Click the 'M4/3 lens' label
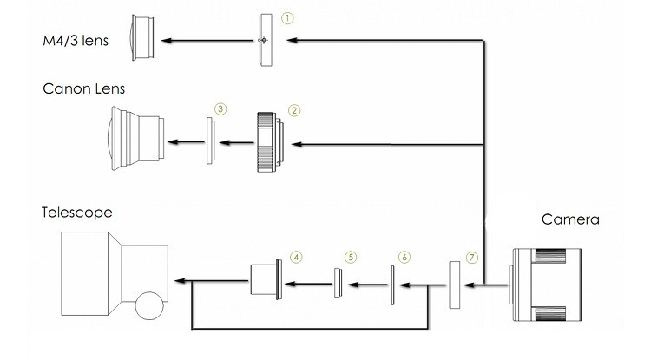tap(76, 41)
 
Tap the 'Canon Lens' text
tap(84, 88)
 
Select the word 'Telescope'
tap(77, 213)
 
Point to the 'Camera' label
tap(570, 219)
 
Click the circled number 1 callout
tap(287, 18)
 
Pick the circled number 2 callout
tap(294, 110)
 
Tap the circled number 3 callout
tap(220, 109)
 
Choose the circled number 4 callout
tap(296, 257)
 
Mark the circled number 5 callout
tap(351, 257)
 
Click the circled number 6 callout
tap(404, 257)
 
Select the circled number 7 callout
tap(471, 258)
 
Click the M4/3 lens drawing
tap(143, 38)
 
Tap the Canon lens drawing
tap(137, 139)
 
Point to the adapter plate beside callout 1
tap(266, 40)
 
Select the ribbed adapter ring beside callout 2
tap(270, 142)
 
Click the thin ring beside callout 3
tap(211, 141)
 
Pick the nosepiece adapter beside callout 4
tap(266, 279)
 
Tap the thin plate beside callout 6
tap(392, 285)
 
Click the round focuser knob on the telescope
tap(149, 305)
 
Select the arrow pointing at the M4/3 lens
tap(207, 40)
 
